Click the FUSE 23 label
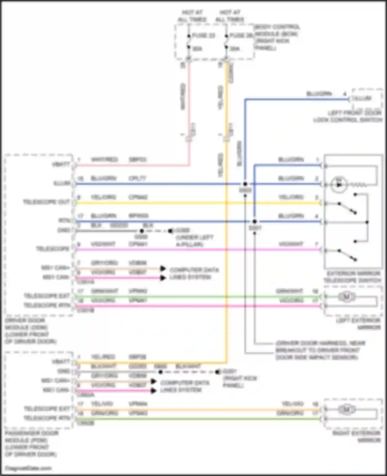[x=204, y=35]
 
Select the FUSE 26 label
[x=241, y=35]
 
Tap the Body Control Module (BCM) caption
[x=277, y=37]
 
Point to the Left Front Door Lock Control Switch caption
[x=348, y=117]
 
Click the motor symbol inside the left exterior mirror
[x=346, y=297]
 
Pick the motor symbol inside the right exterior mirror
[x=346, y=409]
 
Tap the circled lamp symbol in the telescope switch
[x=339, y=185]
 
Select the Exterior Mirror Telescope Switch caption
[x=352, y=277]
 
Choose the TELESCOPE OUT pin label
[x=46, y=202]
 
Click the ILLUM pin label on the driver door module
[x=62, y=183]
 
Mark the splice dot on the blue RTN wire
[x=254, y=221]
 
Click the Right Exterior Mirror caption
[x=357, y=437]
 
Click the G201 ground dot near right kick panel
[x=218, y=372]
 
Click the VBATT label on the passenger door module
[x=61, y=362]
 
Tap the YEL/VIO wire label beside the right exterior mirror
[x=292, y=404]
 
